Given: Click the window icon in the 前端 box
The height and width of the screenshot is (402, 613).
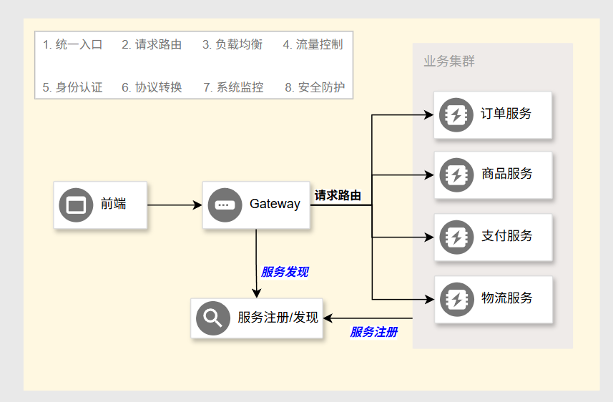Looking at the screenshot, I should [76, 205].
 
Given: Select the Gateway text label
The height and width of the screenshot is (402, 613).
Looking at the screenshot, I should [275, 204].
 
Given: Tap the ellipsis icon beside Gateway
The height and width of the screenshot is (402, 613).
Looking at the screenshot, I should [225, 205].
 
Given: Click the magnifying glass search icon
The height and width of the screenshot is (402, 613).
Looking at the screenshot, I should [213, 317].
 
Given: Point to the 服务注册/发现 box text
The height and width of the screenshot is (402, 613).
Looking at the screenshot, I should [278, 317].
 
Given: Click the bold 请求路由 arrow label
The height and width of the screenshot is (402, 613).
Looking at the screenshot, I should [338, 195].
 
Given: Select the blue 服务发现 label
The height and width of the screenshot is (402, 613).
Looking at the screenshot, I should [285, 272].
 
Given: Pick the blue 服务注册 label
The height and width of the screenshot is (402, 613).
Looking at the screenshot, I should [373, 332].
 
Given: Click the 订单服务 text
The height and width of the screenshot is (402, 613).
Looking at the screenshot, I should [506, 114].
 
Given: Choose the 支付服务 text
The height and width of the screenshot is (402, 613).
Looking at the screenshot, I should [506, 236].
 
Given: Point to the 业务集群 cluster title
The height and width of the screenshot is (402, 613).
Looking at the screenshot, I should [449, 62].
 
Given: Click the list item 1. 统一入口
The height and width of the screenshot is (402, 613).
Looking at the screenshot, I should [72, 44].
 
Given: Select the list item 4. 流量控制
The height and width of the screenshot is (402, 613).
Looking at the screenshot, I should [313, 44].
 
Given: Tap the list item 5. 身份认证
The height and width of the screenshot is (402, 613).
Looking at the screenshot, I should [72, 87].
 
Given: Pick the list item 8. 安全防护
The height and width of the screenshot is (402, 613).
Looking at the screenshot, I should [315, 87].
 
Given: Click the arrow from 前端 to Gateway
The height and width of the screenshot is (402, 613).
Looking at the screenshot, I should [175, 205].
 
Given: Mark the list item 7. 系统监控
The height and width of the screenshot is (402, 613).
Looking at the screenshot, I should [233, 87].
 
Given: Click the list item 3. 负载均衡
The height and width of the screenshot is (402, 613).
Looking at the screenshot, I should [232, 44].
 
